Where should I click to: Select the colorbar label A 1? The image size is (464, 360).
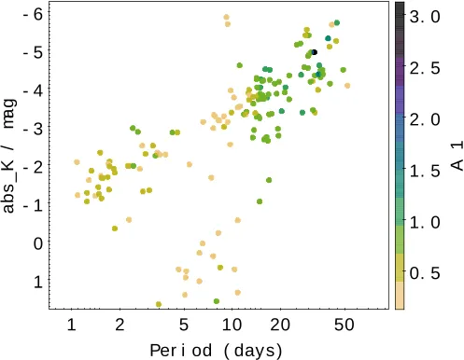coord(457,155)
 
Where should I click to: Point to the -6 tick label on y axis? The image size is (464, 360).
coord(32,13)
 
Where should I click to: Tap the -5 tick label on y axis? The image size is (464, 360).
coord(32,51)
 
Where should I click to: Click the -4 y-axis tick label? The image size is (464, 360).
coord(32,90)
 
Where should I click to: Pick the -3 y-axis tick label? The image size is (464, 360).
coord(32,128)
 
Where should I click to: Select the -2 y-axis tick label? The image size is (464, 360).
coord(32,166)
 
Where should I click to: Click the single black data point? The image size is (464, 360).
coord(315,52)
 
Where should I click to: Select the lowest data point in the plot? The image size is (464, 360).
coord(159,304)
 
